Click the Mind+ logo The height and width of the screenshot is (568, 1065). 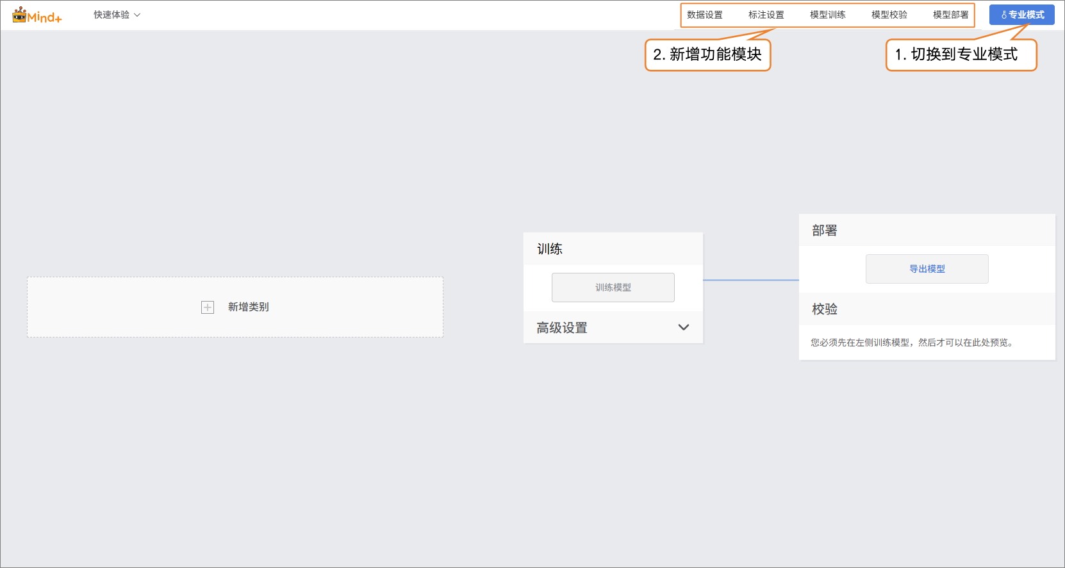click(37, 15)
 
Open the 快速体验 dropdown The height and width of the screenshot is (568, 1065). click(117, 15)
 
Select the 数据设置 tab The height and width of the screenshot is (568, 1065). click(704, 15)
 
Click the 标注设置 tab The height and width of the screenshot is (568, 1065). click(766, 15)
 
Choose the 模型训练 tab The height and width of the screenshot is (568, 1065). click(827, 15)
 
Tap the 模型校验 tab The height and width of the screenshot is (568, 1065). click(889, 15)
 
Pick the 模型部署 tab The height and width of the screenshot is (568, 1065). click(950, 15)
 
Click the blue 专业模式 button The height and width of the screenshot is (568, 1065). click(1022, 15)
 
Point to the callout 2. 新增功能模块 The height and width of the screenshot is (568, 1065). click(707, 54)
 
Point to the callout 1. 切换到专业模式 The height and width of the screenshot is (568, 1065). click(961, 54)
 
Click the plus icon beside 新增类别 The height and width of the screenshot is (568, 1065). click(208, 307)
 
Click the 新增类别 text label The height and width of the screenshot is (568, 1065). click(249, 307)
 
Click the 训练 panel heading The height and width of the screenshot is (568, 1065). click(550, 249)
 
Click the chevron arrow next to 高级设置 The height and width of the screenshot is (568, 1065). click(684, 327)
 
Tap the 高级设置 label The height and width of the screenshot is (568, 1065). click(562, 328)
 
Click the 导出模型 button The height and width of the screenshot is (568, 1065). click(927, 269)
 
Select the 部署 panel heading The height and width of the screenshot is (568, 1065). click(825, 231)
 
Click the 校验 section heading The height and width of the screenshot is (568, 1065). click(825, 309)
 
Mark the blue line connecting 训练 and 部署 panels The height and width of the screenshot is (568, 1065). click(751, 280)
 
